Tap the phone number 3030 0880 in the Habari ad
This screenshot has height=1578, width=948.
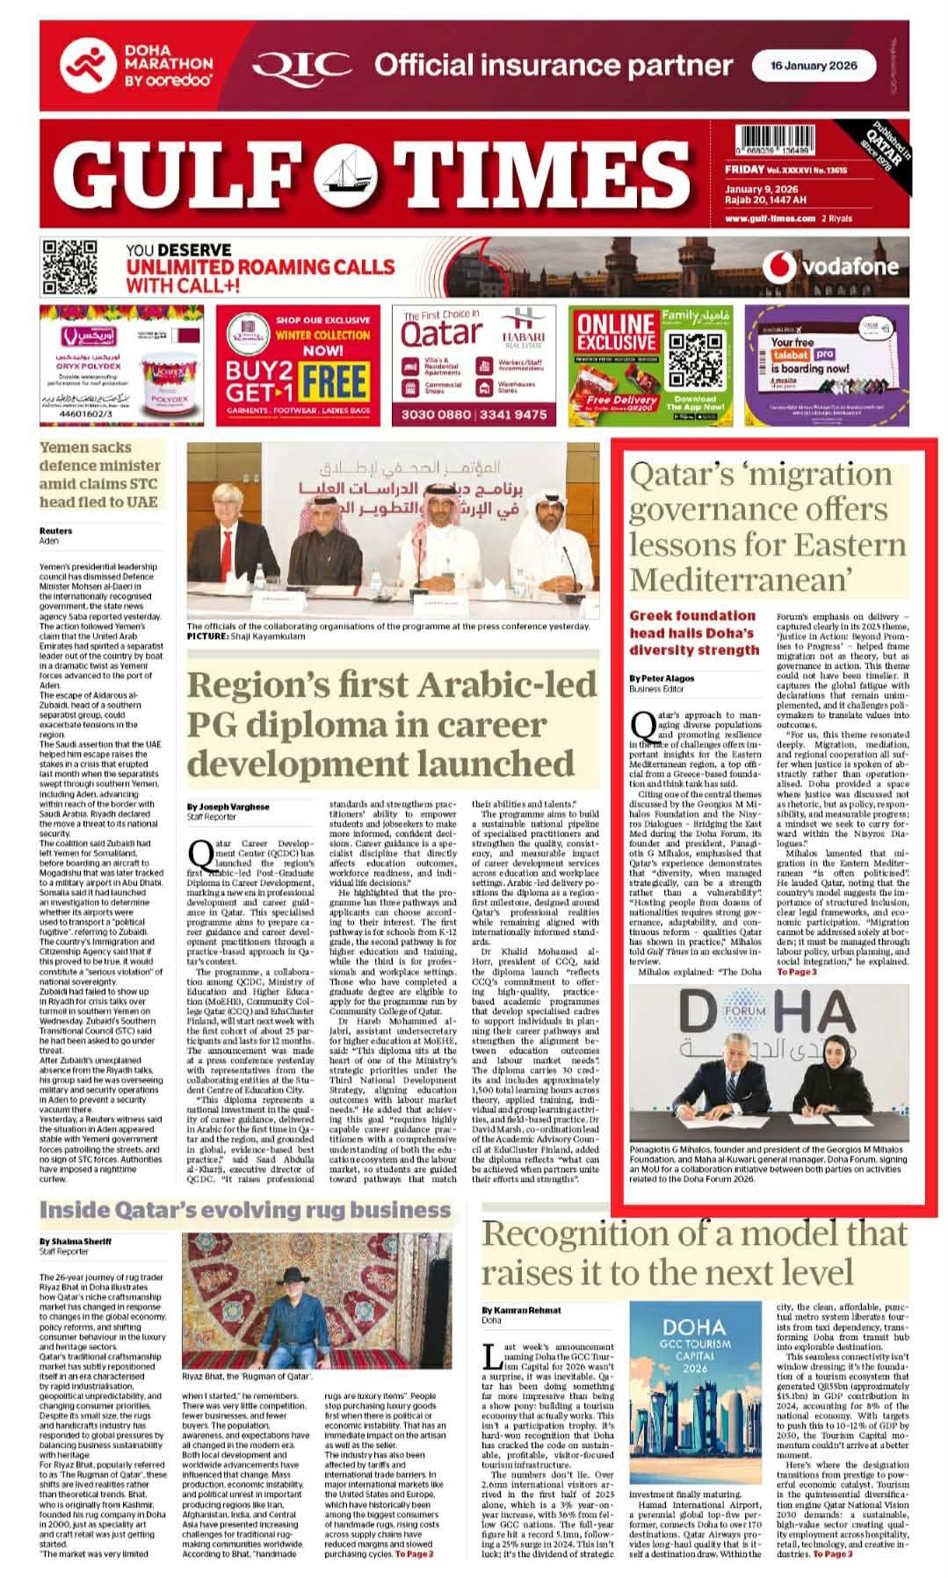(x=430, y=415)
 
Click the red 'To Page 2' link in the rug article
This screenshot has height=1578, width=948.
(x=414, y=1554)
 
